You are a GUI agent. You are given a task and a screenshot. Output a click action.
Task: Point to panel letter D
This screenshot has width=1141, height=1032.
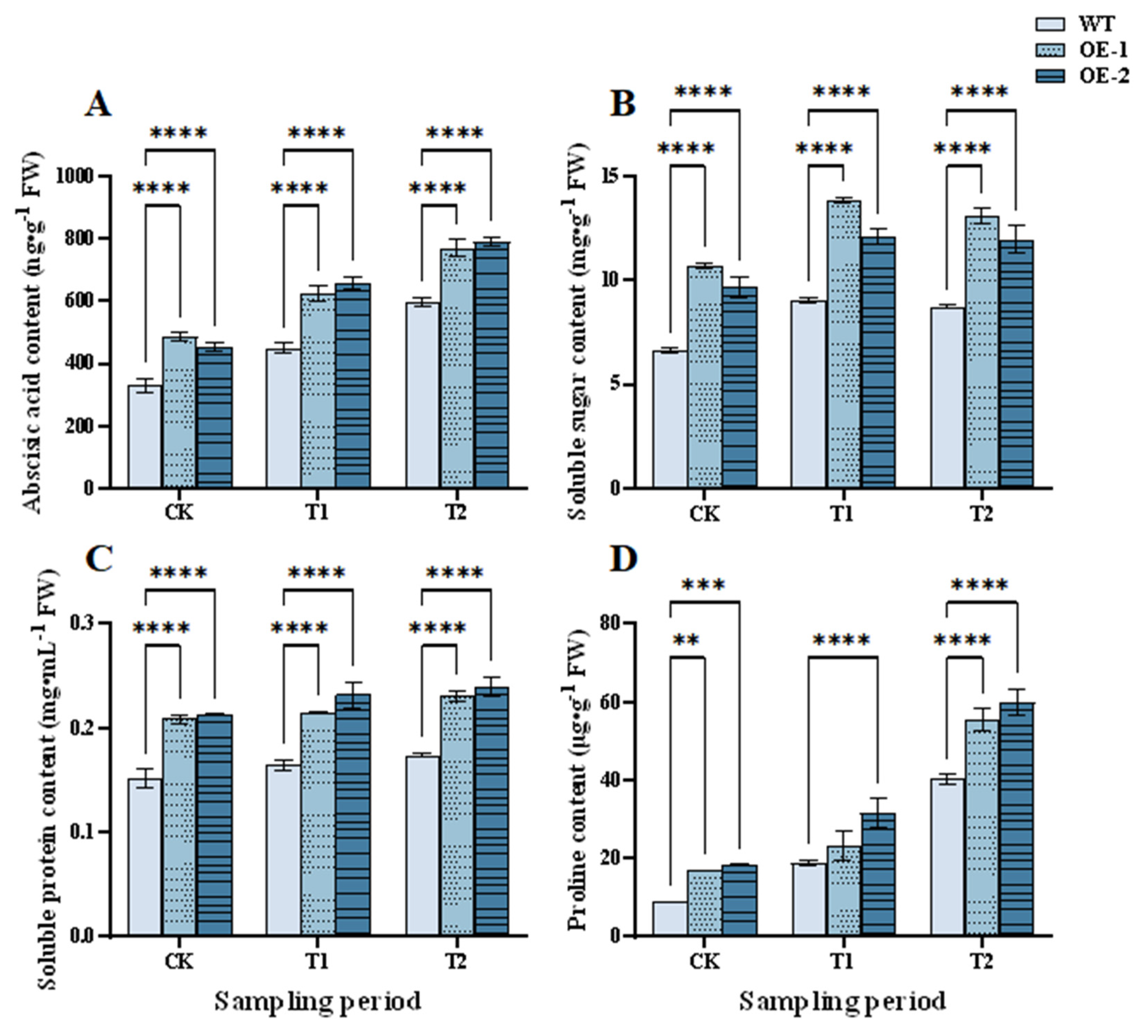pyautogui.click(x=623, y=559)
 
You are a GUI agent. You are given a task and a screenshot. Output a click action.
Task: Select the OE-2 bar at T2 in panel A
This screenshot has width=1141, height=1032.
pyautogui.click(x=491, y=365)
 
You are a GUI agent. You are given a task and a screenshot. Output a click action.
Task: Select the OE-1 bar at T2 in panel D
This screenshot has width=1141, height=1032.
pyautogui.click(x=982, y=827)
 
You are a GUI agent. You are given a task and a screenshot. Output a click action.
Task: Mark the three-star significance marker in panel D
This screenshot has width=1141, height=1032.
pyautogui.click(x=703, y=585)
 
